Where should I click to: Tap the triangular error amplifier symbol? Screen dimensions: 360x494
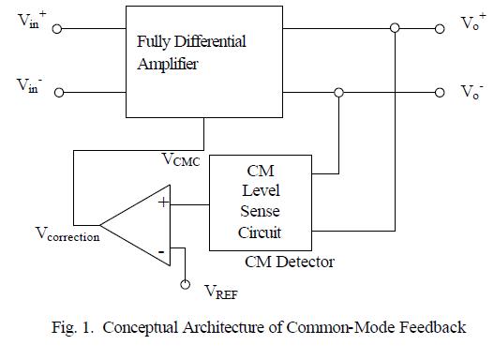[141, 223]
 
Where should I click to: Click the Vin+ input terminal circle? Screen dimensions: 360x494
[58, 29]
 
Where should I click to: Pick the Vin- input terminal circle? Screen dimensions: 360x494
[58, 93]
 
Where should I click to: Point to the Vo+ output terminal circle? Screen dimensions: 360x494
[439, 29]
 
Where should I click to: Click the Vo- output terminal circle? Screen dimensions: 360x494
[439, 93]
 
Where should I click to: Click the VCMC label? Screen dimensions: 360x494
[180, 160]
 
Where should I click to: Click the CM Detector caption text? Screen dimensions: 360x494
[290, 261]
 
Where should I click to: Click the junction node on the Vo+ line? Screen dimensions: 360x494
[396, 29]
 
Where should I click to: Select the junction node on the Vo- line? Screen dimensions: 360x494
[338, 93]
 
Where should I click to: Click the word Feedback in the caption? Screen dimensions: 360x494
[433, 328]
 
